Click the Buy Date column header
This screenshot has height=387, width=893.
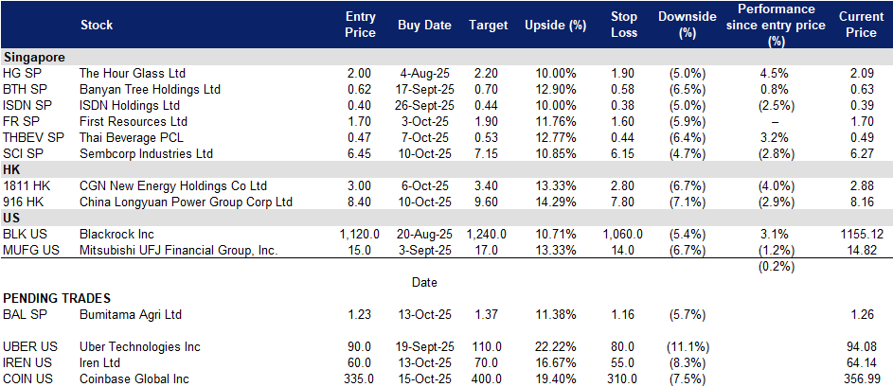coord(424,25)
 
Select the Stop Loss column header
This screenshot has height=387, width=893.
coord(623,25)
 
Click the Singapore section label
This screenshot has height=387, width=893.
coord(33,57)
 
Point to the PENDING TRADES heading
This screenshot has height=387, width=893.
coord(57,298)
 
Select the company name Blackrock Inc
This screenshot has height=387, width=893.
coord(117,234)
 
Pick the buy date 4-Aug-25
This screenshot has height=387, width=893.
coord(425,74)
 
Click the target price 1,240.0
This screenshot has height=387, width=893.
coord(486,234)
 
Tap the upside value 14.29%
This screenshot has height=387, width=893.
coord(555,202)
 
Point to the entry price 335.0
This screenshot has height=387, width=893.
coord(361,378)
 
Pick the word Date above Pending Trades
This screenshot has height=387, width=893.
coord(425,282)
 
